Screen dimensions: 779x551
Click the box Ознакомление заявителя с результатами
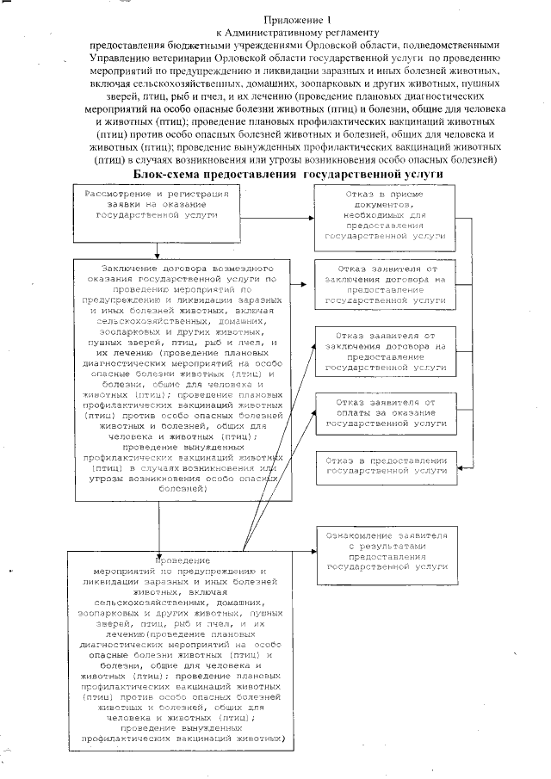(383, 552)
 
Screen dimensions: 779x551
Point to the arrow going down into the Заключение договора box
(156, 252)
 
